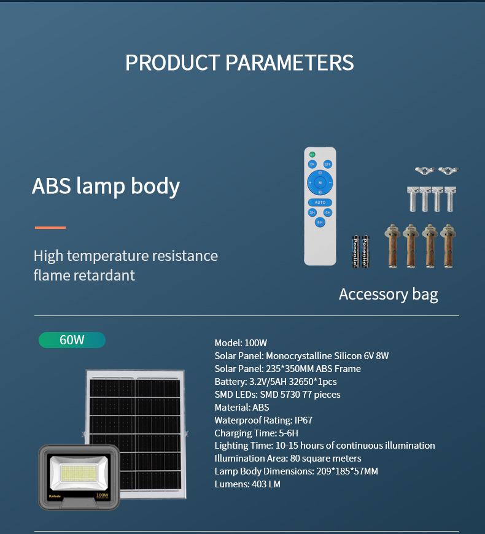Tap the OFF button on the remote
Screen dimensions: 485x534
pyautogui.click(x=328, y=164)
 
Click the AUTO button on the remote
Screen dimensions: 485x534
pyautogui.click(x=320, y=203)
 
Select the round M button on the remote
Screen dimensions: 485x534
pyautogui.click(x=320, y=182)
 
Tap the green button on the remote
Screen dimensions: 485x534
pyautogui.click(x=312, y=155)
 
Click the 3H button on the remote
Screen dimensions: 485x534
pyautogui.click(x=312, y=212)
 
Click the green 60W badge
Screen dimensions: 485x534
pyautogui.click(x=72, y=340)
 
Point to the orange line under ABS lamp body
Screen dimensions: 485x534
pyautogui.click(x=50, y=228)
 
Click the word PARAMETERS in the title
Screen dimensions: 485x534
pyautogui.click(x=290, y=63)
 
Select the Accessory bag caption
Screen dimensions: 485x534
pyautogui.click(x=388, y=295)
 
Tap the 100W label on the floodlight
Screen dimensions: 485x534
pyautogui.click(x=102, y=495)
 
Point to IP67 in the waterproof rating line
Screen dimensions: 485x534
pyautogui.click(x=303, y=420)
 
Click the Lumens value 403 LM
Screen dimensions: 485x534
pyautogui.click(x=266, y=484)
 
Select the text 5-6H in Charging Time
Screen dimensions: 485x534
pyautogui.click(x=289, y=433)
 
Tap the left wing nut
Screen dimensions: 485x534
pyautogui.click(x=425, y=169)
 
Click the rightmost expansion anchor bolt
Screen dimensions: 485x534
pyautogui.click(x=448, y=246)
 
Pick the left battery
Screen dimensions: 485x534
pyautogui.click(x=355, y=251)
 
